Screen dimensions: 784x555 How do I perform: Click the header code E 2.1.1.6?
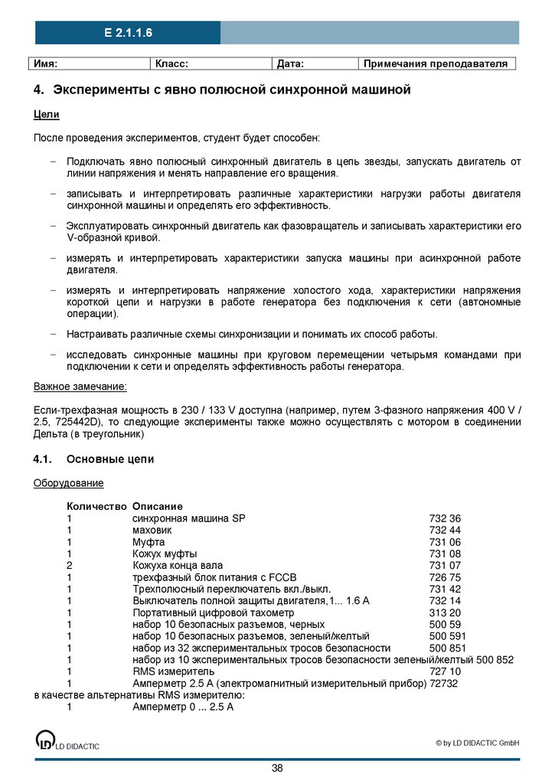(129, 33)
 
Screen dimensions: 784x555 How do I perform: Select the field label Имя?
(45, 64)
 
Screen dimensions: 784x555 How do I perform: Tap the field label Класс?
(172, 64)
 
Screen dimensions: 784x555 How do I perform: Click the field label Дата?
(290, 64)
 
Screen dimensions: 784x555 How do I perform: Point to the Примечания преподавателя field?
(436, 64)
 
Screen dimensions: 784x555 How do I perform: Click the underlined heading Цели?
(46, 114)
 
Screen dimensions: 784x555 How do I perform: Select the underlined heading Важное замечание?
(80, 387)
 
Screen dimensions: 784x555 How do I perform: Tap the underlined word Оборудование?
(68, 483)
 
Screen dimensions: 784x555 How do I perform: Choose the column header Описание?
(157, 507)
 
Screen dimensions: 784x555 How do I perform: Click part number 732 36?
(445, 518)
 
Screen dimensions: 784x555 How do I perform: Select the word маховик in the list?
(152, 530)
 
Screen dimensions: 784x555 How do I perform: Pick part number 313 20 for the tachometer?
(445, 612)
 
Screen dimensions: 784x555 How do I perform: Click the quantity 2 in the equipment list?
(69, 565)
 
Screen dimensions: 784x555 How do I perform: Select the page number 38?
(277, 768)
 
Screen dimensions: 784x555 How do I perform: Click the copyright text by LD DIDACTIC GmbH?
(478, 743)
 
